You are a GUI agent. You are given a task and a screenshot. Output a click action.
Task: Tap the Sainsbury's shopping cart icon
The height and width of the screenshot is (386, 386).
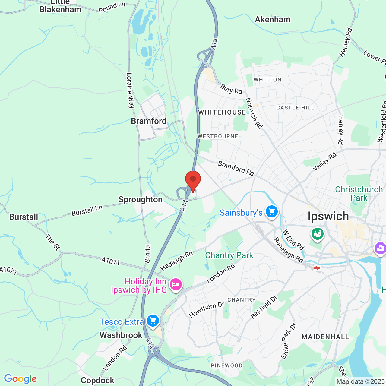pyautogui.click(x=272, y=212)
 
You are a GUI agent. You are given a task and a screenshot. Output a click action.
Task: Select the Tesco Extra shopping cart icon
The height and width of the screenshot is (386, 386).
pyautogui.click(x=153, y=321)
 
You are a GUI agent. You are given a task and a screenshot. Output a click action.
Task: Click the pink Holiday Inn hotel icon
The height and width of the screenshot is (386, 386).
pyautogui.click(x=176, y=285)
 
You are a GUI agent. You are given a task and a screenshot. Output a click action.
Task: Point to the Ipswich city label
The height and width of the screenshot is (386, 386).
pyautogui.click(x=328, y=216)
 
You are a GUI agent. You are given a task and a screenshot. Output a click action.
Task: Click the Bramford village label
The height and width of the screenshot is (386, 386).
pyautogui.click(x=149, y=121)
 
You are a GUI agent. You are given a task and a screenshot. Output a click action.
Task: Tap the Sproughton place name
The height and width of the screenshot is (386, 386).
pyautogui.click(x=141, y=199)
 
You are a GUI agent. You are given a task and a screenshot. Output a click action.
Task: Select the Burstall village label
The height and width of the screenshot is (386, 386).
pyautogui.click(x=24, y=217)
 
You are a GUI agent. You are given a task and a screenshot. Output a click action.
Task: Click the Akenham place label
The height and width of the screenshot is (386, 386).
pyautogui.click(x=273, y=19)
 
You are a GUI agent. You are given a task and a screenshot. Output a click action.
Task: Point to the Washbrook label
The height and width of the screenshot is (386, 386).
pyautogui.click(x=121, y=335)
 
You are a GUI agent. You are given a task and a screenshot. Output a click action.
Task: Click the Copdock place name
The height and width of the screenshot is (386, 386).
pyautogui.click(x=97, y=380)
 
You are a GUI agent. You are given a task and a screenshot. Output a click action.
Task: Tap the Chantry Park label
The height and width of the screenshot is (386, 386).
pyautogui.click(x=229, y=255)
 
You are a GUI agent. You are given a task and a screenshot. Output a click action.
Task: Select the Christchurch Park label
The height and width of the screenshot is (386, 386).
pyautogui.click(x=359, y=194)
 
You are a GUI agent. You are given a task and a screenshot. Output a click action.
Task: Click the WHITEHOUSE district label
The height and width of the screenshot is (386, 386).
pyautogui.click(x=222, y=112)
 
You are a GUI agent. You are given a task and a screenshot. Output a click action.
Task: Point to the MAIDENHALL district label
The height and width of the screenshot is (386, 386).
pyautogui.click(x=325, y=337)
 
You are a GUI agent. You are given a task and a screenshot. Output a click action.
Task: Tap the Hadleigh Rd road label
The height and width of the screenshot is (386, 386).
pyautogui.click(x=176, y=261)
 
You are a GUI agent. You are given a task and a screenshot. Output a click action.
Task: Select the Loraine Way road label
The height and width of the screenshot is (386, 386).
pyautogui.click(x=130, y=90)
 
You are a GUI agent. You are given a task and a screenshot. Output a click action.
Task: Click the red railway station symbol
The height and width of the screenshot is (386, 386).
pyautogui.click(x=317, y=268)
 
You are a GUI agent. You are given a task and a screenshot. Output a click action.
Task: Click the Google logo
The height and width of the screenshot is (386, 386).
pyautogui.click(x=20, y=379)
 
